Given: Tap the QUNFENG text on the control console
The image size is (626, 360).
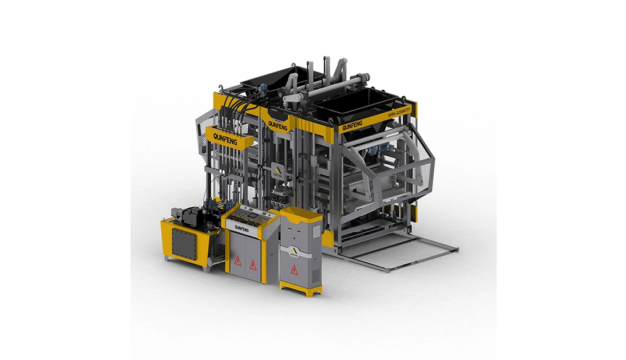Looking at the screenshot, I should [x=241, y=228].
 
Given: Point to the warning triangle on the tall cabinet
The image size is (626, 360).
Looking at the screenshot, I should [x=294, y=270].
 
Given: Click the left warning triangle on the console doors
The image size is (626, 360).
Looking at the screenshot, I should [x=237, y=261].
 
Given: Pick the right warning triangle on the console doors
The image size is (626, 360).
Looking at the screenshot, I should [x=252, y=264].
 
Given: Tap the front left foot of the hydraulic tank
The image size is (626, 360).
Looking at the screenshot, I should [x=168, y=259].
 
